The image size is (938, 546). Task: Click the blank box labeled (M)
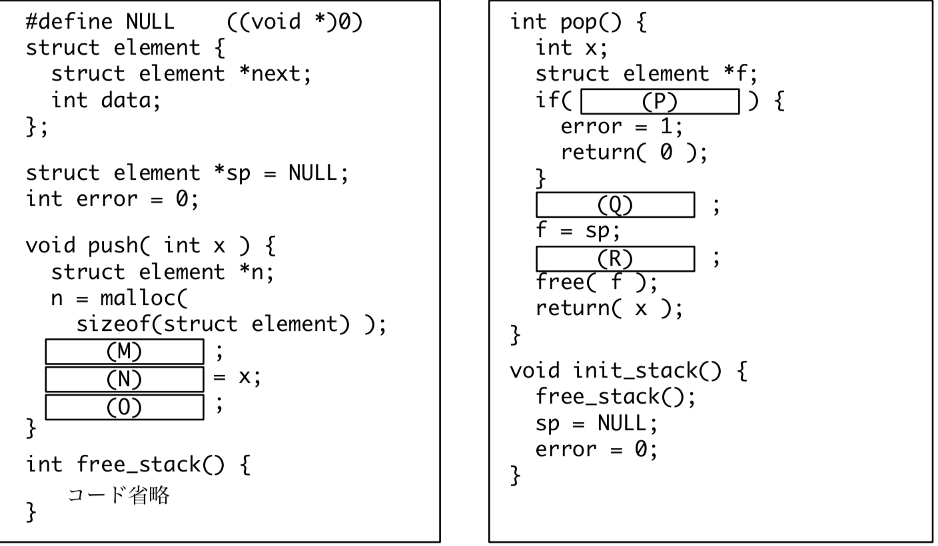pyautogui.click(x=125, y=352)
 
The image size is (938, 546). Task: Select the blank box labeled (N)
pyautogui.click(x=125, y=380)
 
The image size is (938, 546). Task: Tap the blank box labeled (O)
pyautogui.click(x=125, y=407)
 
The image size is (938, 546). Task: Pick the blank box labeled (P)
pyautogui.click(x=660, y=101)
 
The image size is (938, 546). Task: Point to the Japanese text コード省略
pyautogui.click(x=119, y=495)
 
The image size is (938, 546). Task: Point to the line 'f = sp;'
pyautogui.click(x=578, y=232)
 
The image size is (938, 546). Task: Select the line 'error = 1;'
pyautogui.click(x=622, y=127)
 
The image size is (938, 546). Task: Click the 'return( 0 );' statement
pyautogui.click(x=634, y=152)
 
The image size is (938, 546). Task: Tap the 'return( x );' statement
pyautogui.click(x=610, y=308)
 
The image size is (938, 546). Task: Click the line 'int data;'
pyautogui.click(x=106, y=101)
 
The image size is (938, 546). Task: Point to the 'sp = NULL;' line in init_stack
pyautogui.click(x=596, y=423)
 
